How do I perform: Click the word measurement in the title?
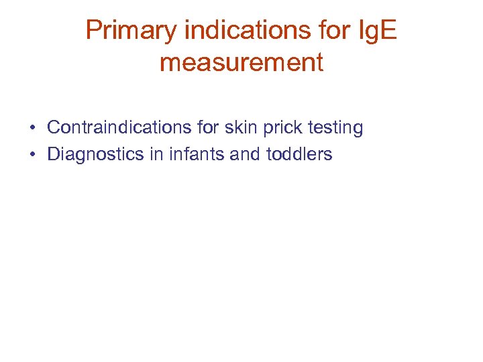[x=241, y=62]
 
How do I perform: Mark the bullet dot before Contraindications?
[x=32, y=128]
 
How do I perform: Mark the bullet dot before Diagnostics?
[x=32, y=155]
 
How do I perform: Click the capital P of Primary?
[x=93, y=30]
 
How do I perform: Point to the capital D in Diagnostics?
[x=53, y=154]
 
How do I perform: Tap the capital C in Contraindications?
[x=53, y=127]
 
